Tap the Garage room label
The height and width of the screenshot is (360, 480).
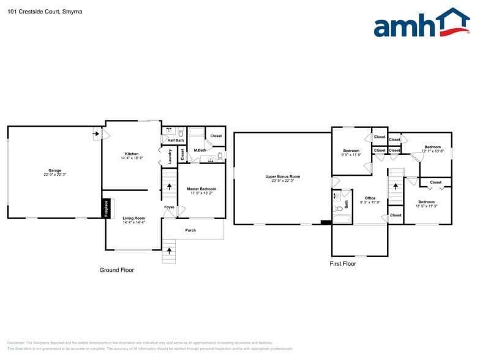[x=55, y=170]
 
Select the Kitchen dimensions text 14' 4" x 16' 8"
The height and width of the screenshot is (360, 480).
[x=132, y=158]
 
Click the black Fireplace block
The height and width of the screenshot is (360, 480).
[x=105, y=208]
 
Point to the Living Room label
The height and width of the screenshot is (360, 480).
[x=133, y=218]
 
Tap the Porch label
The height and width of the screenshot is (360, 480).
[x=190, y=230]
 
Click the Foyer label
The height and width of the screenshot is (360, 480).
[x=169, y=208]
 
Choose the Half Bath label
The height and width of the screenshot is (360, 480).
[x=176, y=140]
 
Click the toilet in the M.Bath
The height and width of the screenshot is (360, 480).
[x=219, y=157]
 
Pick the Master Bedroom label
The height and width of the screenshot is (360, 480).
[x=201, y=189]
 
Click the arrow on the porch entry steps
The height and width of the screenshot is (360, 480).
[x=170, y=250]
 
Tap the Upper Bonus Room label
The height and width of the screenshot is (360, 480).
[x=282, y=176]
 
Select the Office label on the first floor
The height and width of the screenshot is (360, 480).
[x=370, y=198]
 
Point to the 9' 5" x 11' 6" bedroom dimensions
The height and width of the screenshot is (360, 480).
[x=351, y=155]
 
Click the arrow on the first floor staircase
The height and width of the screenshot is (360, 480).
[x=396, y=184]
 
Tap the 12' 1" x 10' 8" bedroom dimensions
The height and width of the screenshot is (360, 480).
[x=432, y=151]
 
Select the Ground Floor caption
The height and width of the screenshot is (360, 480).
[x=116, y=270]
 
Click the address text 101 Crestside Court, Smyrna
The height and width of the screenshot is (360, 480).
[x=37, y=11]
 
